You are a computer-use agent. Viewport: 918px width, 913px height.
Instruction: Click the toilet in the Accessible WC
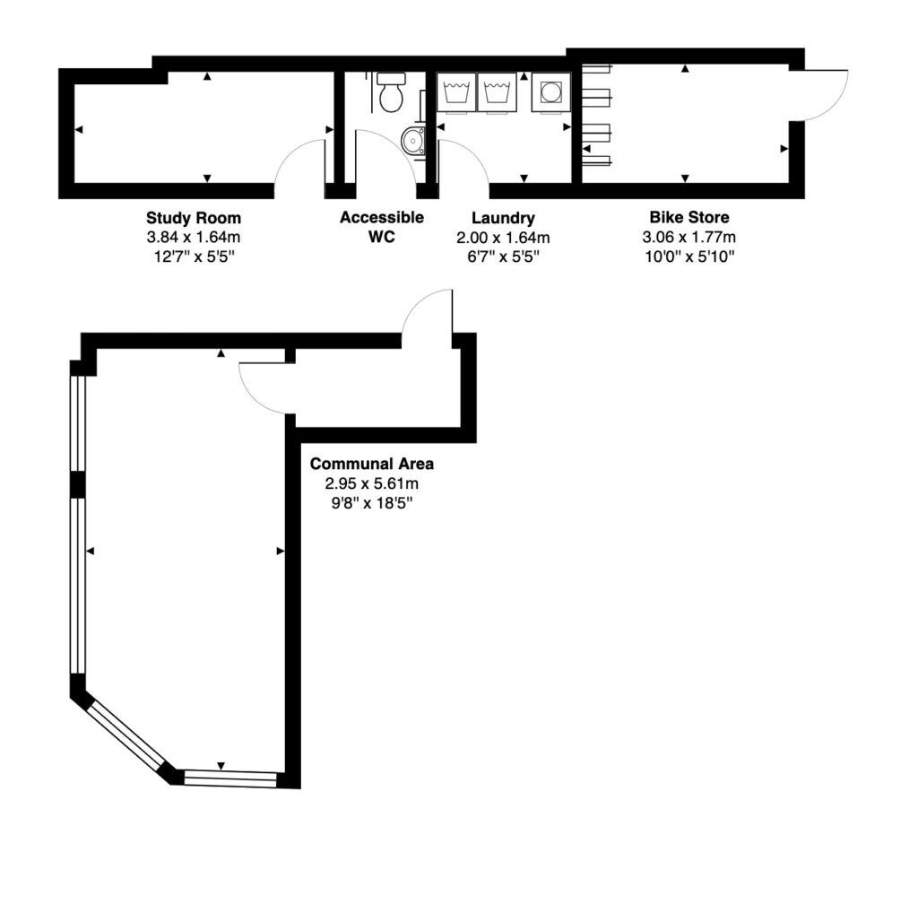[391, 92]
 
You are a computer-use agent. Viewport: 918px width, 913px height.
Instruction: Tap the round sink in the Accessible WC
[413, 141]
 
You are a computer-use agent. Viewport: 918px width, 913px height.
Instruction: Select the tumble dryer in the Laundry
[551, 92]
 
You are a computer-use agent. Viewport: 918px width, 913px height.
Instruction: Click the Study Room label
[194, 218]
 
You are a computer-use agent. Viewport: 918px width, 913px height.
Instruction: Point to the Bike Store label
[689, 217]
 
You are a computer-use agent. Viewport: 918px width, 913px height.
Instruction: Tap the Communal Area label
[372, 464]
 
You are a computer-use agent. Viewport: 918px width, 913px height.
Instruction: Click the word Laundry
[503, 219]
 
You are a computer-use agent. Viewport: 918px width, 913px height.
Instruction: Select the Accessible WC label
[382, 227]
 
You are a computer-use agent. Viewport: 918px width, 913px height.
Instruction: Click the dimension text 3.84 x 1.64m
[194, 237]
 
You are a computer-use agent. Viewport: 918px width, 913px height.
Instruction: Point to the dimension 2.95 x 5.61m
[372, 483]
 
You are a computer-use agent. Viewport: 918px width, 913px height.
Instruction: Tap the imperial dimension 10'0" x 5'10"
[689, 257]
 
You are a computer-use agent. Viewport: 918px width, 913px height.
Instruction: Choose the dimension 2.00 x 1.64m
[503, 238]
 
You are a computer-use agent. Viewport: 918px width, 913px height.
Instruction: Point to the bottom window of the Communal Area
[230, 778]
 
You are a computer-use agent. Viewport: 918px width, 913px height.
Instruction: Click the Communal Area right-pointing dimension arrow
[281, 551]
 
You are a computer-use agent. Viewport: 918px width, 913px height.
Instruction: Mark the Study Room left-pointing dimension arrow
[79, 129]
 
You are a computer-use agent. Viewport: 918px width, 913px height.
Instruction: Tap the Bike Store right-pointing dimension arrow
[784, 149]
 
